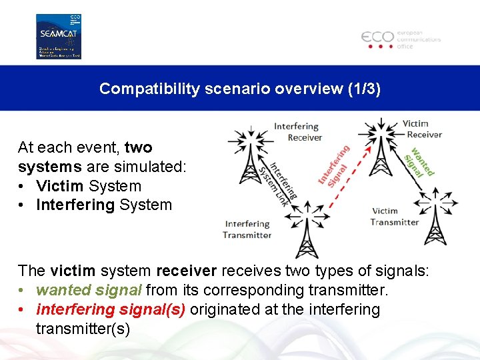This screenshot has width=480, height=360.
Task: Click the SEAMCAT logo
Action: (58, 36)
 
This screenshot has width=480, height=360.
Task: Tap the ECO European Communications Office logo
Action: (401, 39)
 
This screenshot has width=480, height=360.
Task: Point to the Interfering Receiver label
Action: (297, 132)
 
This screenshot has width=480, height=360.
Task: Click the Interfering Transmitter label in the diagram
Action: (247, 229)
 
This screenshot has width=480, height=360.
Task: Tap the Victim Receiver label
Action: (422, 129)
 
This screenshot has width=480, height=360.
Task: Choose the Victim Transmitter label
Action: (394, 217)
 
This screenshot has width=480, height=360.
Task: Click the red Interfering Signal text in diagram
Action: (333, 165)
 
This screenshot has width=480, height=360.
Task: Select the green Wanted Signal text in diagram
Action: (419, 162)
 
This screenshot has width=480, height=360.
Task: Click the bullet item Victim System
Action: (89, 186)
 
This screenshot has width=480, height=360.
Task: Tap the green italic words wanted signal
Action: (89, 291)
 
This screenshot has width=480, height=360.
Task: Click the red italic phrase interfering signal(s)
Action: (111, 309)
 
